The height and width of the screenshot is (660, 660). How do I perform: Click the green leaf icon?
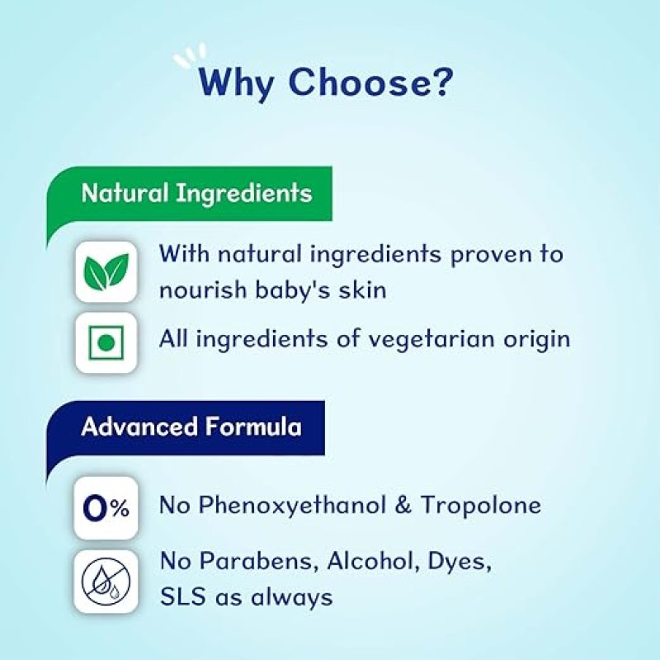106,272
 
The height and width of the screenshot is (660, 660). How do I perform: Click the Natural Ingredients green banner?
196,194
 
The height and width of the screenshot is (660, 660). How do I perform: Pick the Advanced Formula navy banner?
191,427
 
